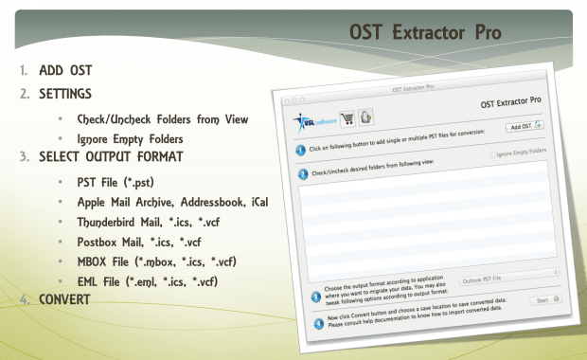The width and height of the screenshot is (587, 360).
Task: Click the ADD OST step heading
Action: (65, 71)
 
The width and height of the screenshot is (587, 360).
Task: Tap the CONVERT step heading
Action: (64, 299)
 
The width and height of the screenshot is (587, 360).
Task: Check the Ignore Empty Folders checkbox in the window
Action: (494, 153)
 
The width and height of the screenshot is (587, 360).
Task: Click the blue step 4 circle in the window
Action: (318, 322)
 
